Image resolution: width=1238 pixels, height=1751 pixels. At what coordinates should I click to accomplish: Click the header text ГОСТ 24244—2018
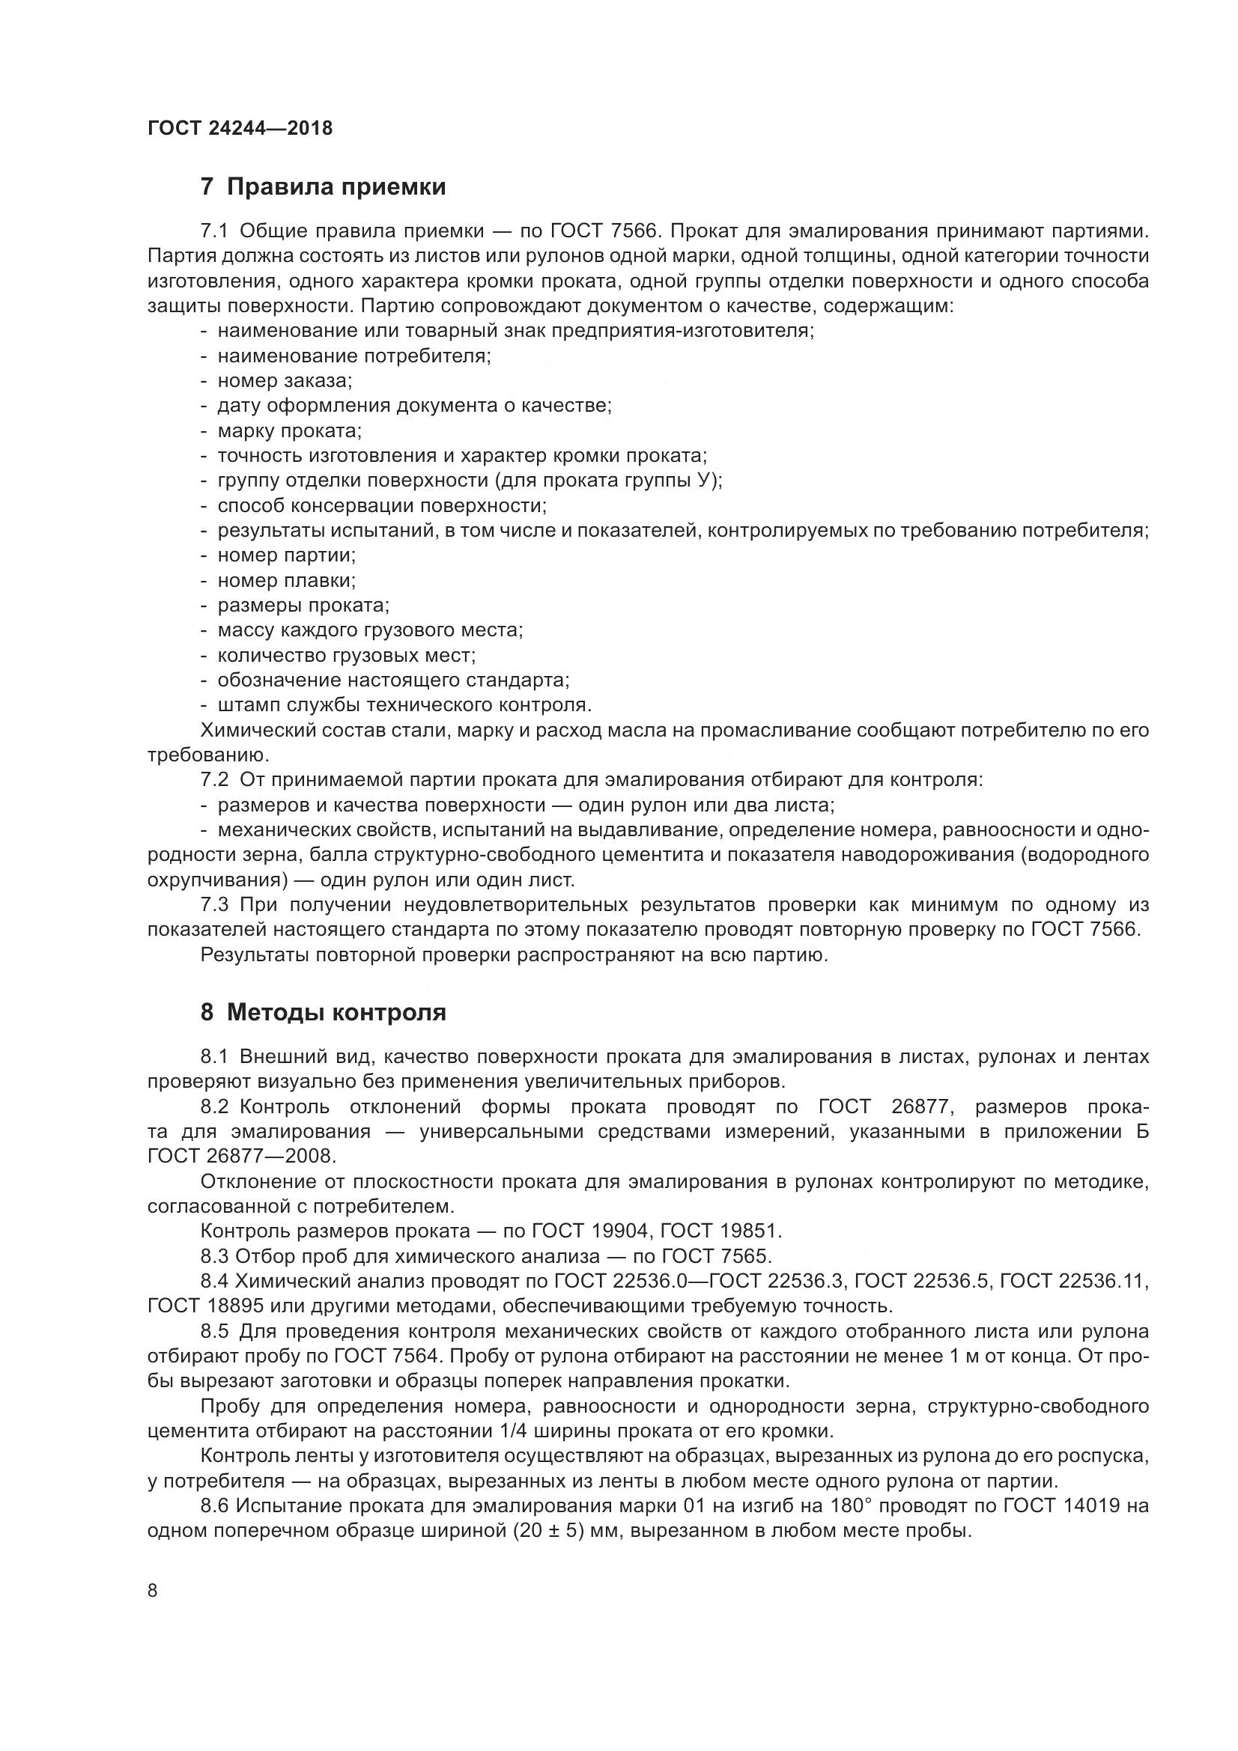click(x=240, y=128)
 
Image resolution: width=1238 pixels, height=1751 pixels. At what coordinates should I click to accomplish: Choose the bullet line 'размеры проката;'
click(x=303, y=606)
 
